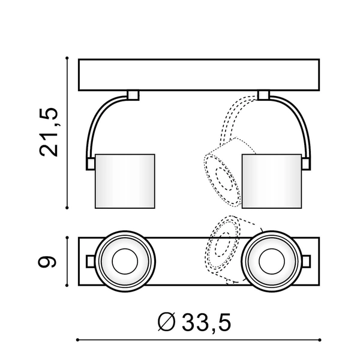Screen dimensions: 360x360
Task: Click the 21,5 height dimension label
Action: [x=49, y=132]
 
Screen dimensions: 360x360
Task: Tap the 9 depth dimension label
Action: [x=47, y=261]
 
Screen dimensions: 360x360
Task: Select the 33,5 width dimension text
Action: [x=206, y=322]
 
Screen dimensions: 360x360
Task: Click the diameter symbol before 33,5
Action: [x=167, y=322]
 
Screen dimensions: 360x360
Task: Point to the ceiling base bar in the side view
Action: [x=199, y=75]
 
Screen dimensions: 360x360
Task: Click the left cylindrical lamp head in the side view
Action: [x=125, y=181]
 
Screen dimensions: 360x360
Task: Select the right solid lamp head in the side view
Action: [x=272, y=181]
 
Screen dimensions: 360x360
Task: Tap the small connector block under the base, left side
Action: [x=133, y=95]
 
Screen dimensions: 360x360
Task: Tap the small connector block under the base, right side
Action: [x=263, y=95]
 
